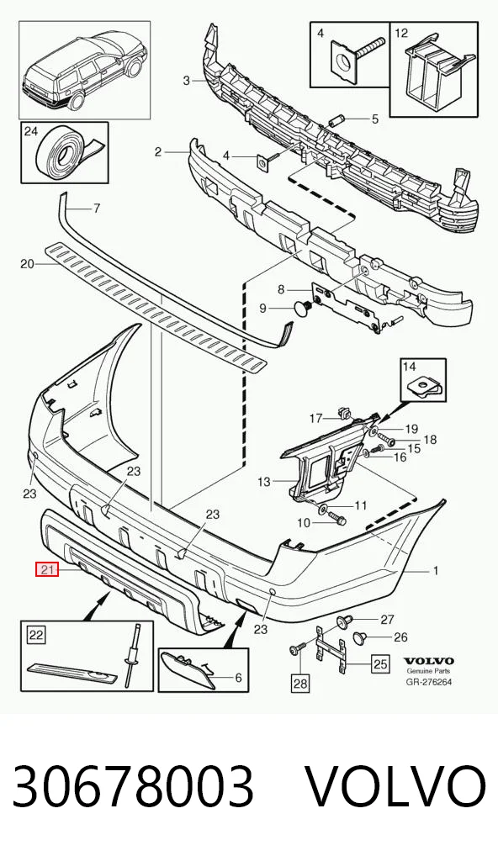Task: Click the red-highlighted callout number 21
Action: tap(47, 570)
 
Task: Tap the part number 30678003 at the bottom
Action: tap(133, 787)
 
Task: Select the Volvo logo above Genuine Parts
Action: tap(429, 662)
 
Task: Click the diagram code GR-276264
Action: tap(429, 682)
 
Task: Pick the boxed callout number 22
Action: tap(36, 635)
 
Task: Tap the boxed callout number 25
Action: tap(380, 663)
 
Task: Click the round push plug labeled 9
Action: tap(303, 308)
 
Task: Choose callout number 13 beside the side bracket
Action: tap(264, 482)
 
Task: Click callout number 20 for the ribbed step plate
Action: tap(27, 264)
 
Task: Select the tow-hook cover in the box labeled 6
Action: tap(186, 671)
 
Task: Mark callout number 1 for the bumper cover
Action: tap(436, 571)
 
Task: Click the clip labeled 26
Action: tap(359, 637)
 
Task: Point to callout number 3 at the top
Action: tap(186, 81)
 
